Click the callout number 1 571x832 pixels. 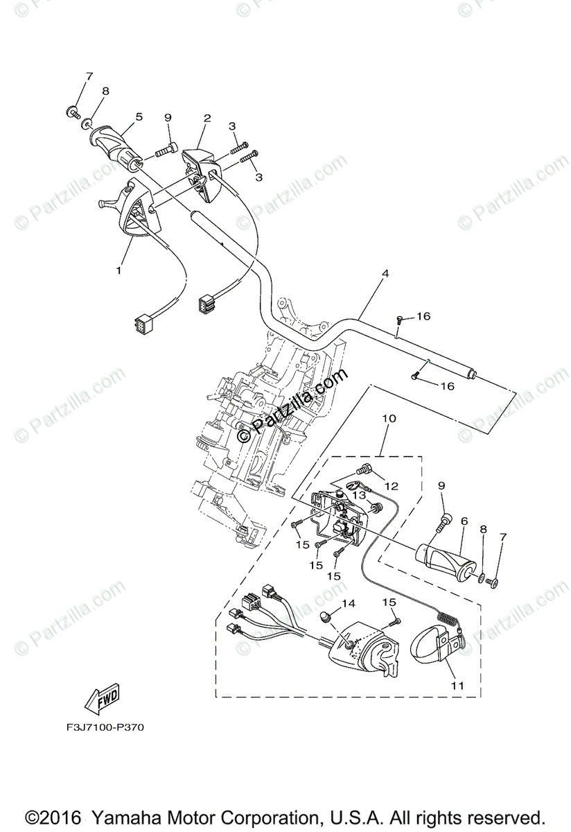pos(118,270)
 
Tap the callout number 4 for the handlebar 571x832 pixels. pos(385,273)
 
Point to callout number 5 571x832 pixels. pos(139,117)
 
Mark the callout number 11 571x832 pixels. pos(455,686)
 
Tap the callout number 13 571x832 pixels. pos(358,496)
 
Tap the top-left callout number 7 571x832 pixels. pos(89,76)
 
